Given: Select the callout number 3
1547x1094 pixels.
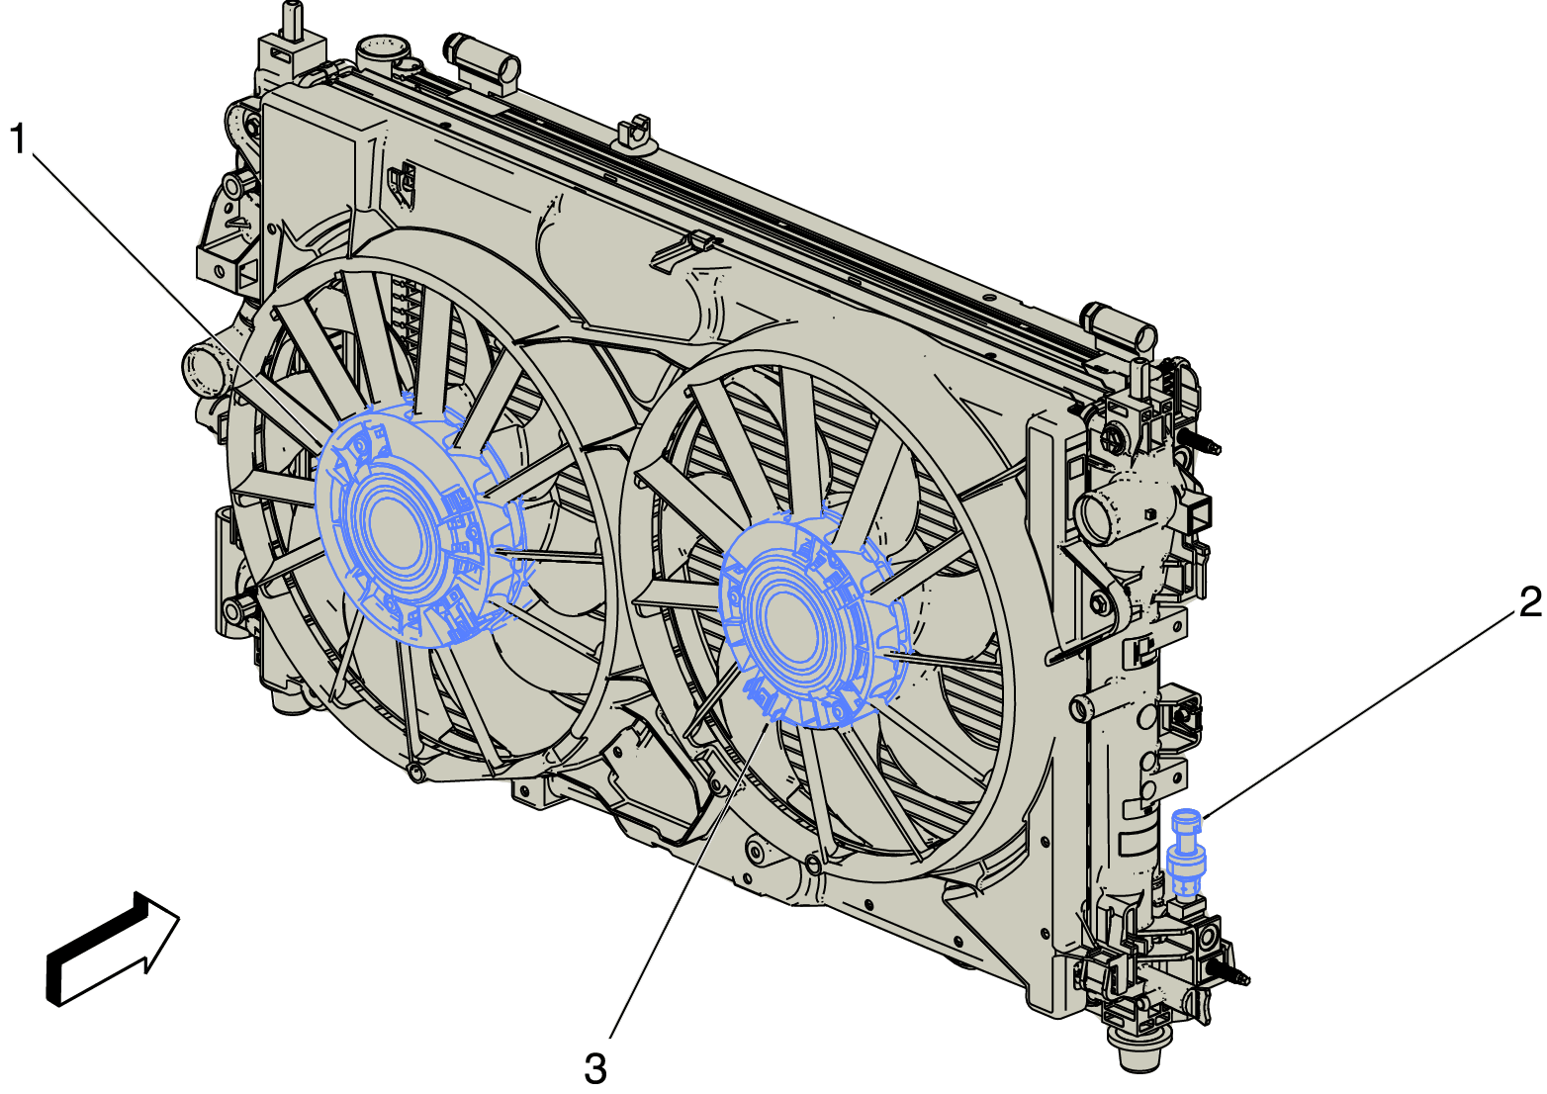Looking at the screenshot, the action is (x=595, y=1069).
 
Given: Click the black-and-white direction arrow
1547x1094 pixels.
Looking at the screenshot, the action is (x=113, y=949).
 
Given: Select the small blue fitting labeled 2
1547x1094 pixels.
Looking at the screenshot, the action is (x=1185, y=854).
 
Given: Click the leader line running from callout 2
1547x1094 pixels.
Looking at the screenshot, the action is (x=1359, y=719).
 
